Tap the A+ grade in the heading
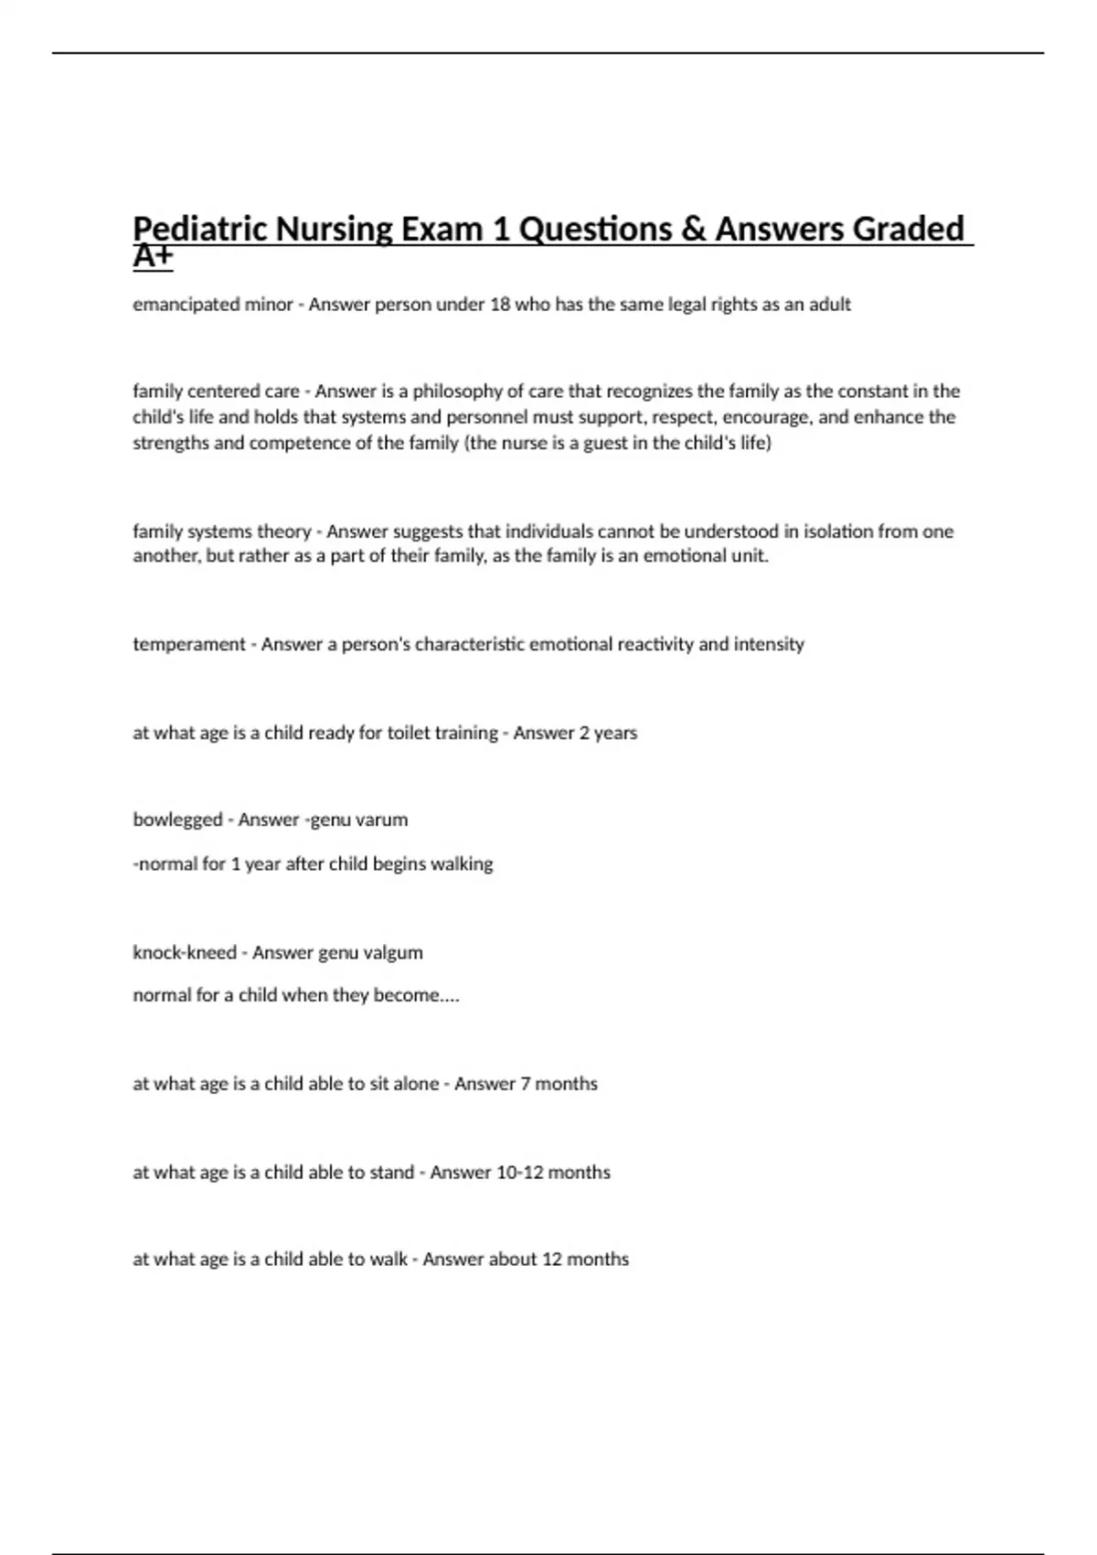152,258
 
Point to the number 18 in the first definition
499,305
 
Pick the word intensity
769,645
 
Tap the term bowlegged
177,820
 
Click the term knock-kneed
185,953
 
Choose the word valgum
394,953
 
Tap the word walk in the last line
389,1260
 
